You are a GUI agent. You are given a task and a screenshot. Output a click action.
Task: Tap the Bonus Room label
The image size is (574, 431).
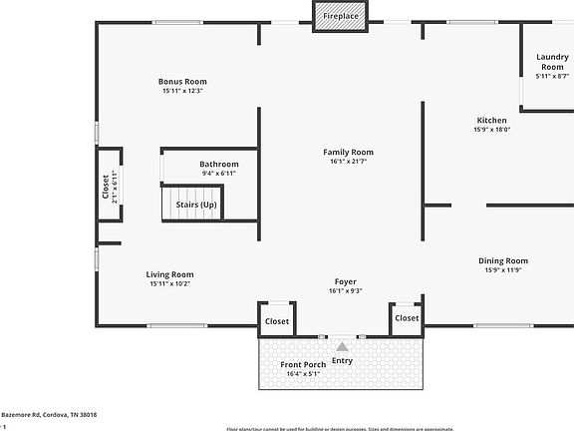[182, 82]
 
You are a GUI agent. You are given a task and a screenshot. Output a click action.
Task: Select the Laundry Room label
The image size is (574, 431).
[552, 62]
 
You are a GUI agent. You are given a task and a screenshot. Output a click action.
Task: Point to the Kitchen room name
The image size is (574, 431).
[493, 120]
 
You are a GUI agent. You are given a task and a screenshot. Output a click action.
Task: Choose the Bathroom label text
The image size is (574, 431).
[218, 164]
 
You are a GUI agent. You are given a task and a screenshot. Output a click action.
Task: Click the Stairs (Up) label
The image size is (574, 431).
[196, 205]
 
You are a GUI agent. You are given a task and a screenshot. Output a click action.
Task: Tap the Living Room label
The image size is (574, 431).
[169, 274]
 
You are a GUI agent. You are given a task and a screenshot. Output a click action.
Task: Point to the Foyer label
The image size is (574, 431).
[345, 281]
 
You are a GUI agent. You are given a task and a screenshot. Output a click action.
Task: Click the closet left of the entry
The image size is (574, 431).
[276, 321]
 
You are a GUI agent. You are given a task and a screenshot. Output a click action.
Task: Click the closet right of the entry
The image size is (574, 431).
[407, 318]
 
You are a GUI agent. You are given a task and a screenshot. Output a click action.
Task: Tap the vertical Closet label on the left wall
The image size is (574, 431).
[107, 188]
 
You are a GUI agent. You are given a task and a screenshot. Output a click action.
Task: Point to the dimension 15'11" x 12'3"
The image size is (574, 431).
[182, 91]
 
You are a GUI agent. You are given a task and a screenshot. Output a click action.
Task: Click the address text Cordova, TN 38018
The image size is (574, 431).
[64, 414]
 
